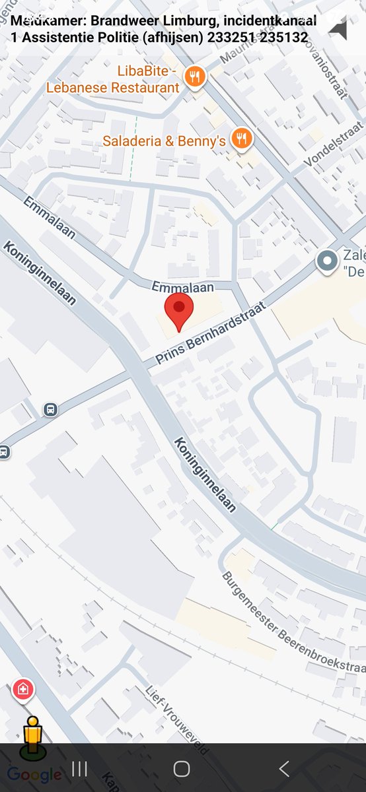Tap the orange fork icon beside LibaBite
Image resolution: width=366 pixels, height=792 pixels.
195,77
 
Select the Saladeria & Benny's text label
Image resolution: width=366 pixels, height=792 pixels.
165,141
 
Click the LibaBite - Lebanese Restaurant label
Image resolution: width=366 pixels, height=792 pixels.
114,79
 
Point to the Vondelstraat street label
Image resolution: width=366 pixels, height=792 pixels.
334,144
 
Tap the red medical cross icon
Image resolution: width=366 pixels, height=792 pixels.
23,690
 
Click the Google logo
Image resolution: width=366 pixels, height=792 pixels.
34,775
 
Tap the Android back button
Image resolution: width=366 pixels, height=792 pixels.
284,768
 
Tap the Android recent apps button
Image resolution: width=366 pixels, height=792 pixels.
80,768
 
